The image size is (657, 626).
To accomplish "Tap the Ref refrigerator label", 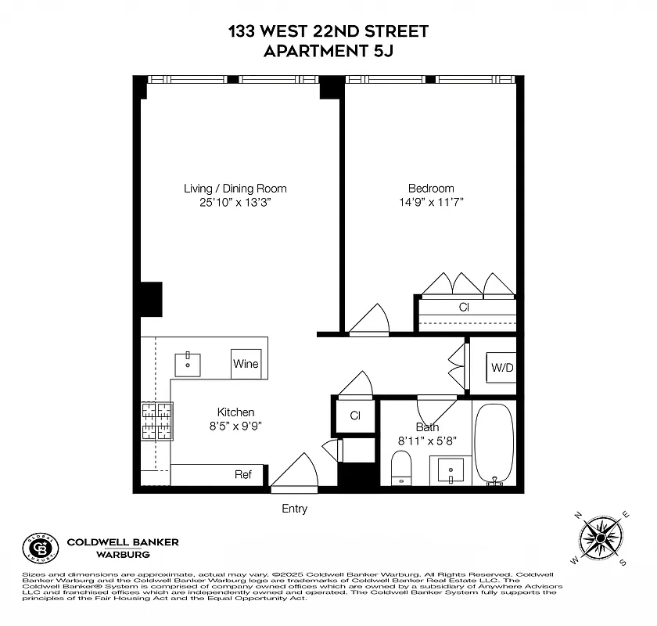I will tap(243, 474).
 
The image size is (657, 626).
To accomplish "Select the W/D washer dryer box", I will tap(501, 368).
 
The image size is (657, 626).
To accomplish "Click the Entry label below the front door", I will tap(294, 509).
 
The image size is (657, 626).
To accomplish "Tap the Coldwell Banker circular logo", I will tap(39, 548).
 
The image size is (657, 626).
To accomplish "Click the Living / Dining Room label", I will tap(235, 189).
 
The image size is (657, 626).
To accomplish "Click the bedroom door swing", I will tap(368, 321).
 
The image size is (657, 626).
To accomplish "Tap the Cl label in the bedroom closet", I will tap(464, 307).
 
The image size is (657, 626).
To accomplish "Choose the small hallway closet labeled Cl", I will tap(354, 416).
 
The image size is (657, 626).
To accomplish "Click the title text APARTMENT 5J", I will tap(328, 52).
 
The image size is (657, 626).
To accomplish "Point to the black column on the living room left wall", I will tap(150, 299).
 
